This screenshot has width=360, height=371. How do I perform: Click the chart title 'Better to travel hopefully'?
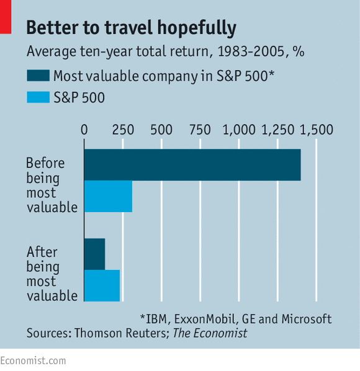click(132, 28)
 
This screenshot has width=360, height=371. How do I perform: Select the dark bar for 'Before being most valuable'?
click(192, 165)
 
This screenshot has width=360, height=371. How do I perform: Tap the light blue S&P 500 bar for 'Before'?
click(109, 197)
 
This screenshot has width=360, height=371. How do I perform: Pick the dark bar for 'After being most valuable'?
click(95, 254)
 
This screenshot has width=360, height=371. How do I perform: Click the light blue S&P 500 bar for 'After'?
click(102, 285)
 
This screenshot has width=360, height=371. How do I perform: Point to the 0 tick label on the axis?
click(84, 130)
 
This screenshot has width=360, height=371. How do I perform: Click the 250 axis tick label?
click(123, 130)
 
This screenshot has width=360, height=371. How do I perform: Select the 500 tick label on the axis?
click(161, 130)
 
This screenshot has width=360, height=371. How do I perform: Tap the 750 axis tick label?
click(200, 130)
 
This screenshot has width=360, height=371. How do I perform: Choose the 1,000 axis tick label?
click(239, 130)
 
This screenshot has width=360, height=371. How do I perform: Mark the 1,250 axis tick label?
click(278, 130)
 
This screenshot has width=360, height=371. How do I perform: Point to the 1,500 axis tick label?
click(317, 130)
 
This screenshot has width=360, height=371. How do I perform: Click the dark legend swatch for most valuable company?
click(38, 76)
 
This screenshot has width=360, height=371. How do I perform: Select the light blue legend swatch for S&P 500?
click(38, 97)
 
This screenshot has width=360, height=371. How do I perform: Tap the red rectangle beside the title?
click(6, 17)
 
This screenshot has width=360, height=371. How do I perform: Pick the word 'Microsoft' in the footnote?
click(307, 319)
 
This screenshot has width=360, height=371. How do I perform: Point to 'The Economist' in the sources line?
click(210, 333)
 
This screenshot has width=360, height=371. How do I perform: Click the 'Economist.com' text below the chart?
click(33, 361)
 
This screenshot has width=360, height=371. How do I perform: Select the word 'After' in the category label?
click(42, 252)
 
